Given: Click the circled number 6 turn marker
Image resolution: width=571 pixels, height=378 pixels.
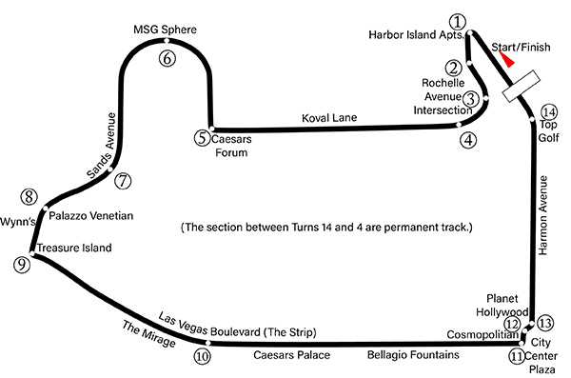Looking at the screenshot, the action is coord(167,58).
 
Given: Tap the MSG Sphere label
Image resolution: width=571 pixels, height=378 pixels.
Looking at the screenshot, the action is coord(165,30).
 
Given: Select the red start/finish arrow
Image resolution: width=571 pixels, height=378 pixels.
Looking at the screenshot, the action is coord(506,59).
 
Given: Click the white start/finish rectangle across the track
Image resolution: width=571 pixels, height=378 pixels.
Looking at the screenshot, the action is coord(522,86).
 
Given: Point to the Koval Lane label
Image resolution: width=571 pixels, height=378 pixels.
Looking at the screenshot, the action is coord(329,118).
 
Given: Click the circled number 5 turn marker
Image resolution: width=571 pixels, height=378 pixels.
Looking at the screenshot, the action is coord(202,138).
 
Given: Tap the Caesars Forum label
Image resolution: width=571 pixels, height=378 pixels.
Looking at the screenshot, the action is coord(231,146).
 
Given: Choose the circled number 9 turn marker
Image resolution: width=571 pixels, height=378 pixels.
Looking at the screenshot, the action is coord(22,265).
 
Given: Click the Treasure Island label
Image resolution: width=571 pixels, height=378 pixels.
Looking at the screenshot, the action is coord(74,248).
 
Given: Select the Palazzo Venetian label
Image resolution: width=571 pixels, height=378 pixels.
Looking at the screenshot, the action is coord(91,215).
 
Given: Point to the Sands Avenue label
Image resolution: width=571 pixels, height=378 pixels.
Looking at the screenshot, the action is coord(102,146).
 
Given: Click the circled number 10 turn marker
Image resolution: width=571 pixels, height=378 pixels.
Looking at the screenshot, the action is coord(202,356).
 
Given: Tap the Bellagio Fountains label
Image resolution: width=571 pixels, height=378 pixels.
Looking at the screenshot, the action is coord(413,354).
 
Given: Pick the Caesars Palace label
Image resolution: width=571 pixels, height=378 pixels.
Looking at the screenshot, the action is coord(292,354).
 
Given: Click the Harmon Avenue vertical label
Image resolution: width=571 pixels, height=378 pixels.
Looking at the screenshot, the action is coord(542,215).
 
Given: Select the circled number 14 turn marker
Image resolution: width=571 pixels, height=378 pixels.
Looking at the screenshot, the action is coord(549,112).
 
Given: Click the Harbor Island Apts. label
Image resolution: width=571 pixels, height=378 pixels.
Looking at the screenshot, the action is coord(417,34).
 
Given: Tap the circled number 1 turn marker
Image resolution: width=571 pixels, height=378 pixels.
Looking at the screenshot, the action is coord(458,22).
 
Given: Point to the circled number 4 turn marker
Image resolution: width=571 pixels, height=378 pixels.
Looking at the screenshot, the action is coord(468,140).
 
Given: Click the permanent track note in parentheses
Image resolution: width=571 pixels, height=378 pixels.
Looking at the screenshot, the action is coord(326,228).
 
